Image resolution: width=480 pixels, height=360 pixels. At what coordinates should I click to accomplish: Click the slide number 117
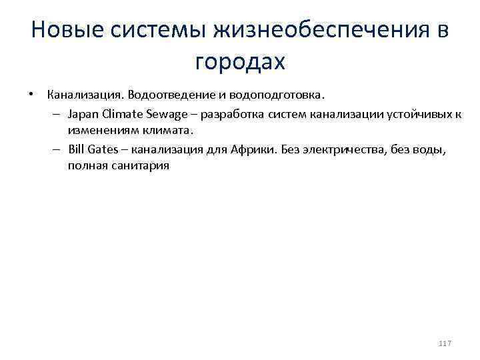[x=445, y=343]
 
